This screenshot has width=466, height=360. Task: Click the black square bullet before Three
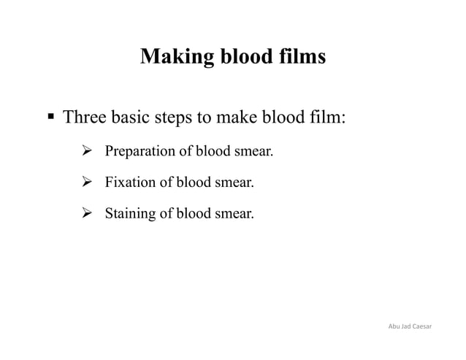coord(50,117)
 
